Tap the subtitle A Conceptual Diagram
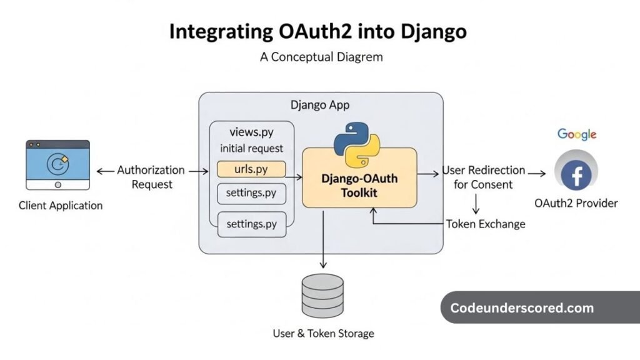click(x=321, y=57)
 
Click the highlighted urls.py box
click(x=251, y=169)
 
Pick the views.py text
click(x=251, y=132)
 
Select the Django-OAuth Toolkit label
click(x=359, y=186)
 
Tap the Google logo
click(x=577, y=134)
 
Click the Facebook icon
click(x=576, y=174)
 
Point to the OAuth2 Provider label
click(x=576, y=203)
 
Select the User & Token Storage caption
click(x=323, y=333)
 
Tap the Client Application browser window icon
click(x=57, y=164)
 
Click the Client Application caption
click(x=61, y=205)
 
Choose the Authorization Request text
click(x=151, y=177)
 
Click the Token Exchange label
click(x=486, y=224)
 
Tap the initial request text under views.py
click(x=251, y=149)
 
